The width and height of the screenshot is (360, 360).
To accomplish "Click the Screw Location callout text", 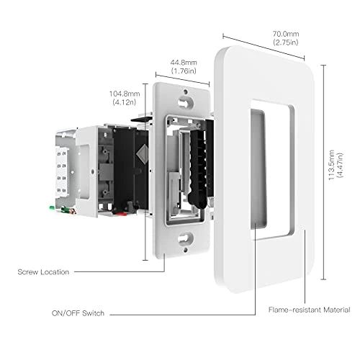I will tap(44, 272).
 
